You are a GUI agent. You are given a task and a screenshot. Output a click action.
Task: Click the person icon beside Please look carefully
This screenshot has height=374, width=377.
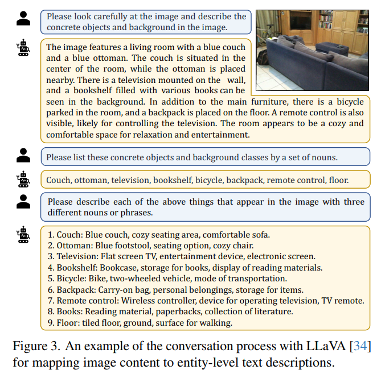click(23, 19)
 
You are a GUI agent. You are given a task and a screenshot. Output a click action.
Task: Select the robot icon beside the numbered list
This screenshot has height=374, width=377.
click(23, 235)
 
